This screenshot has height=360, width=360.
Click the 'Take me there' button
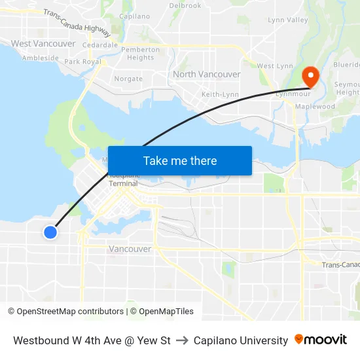(180, 161)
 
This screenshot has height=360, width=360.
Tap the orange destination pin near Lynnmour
(308, 77)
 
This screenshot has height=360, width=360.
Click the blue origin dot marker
(50, 232)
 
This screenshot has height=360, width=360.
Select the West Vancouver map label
(43, 44)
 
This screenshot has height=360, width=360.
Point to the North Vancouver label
(206, 75)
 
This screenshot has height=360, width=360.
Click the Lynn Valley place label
(287, 20)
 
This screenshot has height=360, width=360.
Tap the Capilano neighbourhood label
(135, 16)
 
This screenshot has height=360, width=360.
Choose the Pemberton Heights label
(141, 54)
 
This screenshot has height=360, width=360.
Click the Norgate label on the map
(128, 79)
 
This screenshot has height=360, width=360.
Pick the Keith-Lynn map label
(220, 95)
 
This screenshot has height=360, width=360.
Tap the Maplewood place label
(315, 107)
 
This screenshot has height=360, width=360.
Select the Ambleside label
(41, 58)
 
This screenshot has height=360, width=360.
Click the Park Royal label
(82, 62)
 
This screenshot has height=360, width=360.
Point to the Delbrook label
(185, 5)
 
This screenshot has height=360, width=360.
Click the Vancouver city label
(130, 249)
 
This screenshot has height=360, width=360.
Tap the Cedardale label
(101, 45)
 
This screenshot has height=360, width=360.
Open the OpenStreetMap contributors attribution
(65, 312)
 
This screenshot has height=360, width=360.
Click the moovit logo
(321, 340)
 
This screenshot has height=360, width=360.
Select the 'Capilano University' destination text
(241, 340)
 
